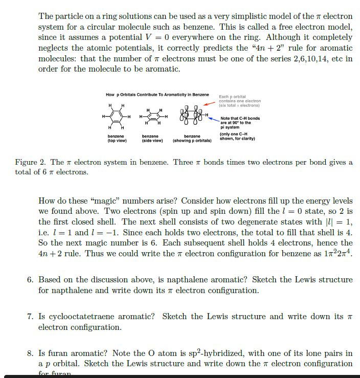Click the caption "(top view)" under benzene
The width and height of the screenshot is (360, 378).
click(x=117, y=141)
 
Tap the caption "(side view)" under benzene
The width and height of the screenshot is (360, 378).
click(x=152, y=141)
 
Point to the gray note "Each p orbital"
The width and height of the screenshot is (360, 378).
click(x=232, y=97)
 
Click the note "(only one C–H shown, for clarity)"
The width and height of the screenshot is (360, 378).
click(x=237, y=137)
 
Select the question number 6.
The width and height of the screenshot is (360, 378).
click(x=30, y=280)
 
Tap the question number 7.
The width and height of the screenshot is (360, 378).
click(x=30, y=317)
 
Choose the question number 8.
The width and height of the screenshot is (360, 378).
click(x=30, y=353)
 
